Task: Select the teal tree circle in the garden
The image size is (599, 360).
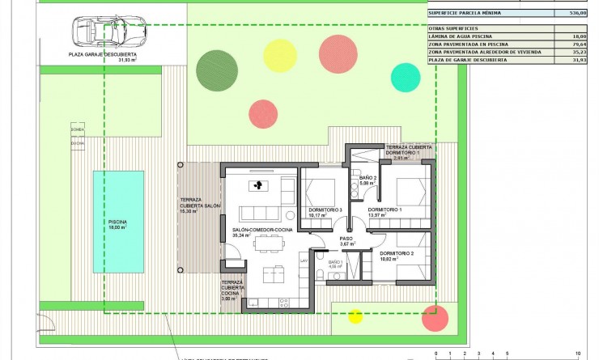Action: (405, 77)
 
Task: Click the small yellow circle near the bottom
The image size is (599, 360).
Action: (355, 316)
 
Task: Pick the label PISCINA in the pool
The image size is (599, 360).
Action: (118, 222)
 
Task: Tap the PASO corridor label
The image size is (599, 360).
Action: (346, 239)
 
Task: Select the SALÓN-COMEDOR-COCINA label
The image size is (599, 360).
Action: (261, 231)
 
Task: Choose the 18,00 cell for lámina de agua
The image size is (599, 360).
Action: (578, 36)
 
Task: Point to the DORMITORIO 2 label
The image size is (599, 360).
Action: (397, 253)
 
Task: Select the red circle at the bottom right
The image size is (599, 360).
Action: (435, 318)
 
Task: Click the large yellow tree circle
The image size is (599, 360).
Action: (279, 53)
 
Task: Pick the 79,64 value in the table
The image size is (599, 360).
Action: (576, 44)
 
